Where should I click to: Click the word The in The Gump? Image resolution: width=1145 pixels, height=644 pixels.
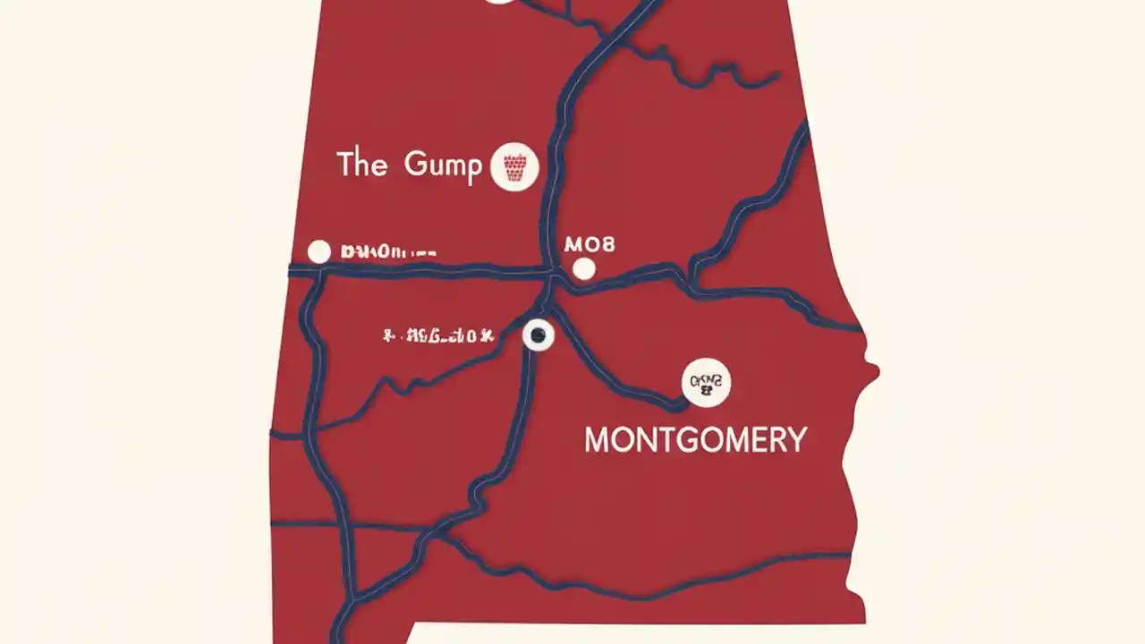[361, 165]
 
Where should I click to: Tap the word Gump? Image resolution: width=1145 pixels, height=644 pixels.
[443, 166]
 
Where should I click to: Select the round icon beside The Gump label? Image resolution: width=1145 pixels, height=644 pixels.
[514, 166]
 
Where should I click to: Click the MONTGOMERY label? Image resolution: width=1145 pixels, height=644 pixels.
[695, 440]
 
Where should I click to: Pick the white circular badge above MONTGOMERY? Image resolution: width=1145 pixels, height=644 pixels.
[706, 383]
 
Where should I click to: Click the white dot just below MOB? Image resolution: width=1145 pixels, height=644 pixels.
[583, 268]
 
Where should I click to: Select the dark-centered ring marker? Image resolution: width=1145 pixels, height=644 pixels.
[538, 335]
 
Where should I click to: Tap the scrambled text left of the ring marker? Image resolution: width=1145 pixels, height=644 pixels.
[437, 336]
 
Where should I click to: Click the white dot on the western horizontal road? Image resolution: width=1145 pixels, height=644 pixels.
[319, 252]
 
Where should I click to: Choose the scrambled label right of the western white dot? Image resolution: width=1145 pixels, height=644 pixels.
[388, 252]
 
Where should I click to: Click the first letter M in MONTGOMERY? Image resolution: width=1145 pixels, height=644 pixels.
[597, 440]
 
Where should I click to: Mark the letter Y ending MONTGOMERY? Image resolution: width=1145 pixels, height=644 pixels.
[796, 440]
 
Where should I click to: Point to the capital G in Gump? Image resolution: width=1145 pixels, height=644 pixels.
[415, 165]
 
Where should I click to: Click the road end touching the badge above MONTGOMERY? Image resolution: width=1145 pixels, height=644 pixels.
[683, 402]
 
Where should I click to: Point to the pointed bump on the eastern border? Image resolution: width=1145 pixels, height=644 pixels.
[874, 369]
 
